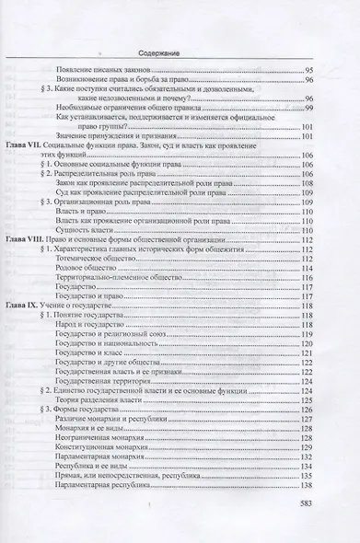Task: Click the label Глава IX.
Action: tap(29, 303)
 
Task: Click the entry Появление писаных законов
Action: tap(103, 70)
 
